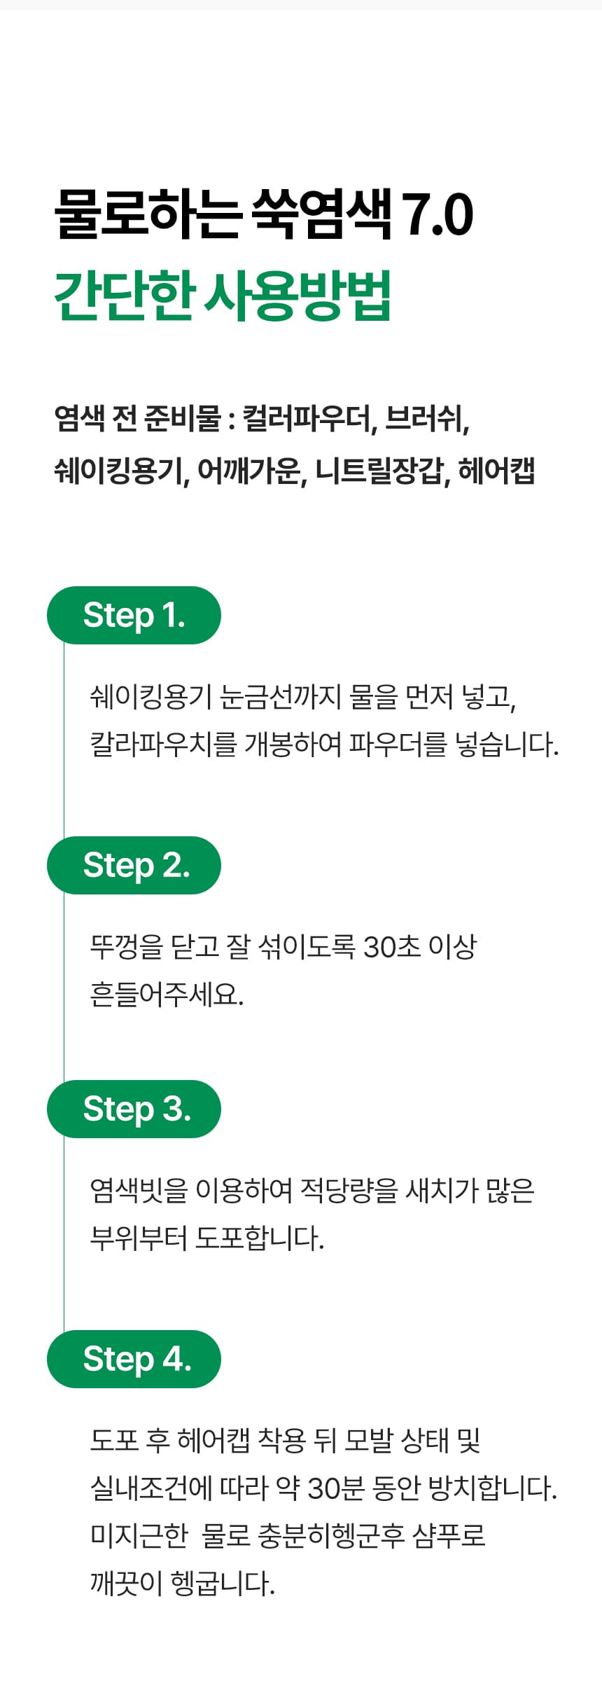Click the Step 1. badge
pyautogui.click(x=134, y=615)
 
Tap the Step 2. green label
pyautogui.click(x=134, y=865)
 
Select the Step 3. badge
pyautogui.click(x=134, y=1109)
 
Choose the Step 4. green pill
pyautogui.click(x=134, y=1359)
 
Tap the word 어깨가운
pyautogui.click(x=251, y=471)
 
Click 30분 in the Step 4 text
pyautogui.click(x=337, y=1488)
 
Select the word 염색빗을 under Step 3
pyautogui.click(x=139, y=1190)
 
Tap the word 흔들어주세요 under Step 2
pyautogui.click(x=166, y=995)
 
